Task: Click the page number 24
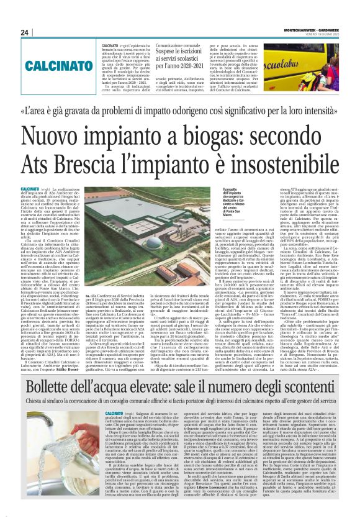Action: pos(25,32)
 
